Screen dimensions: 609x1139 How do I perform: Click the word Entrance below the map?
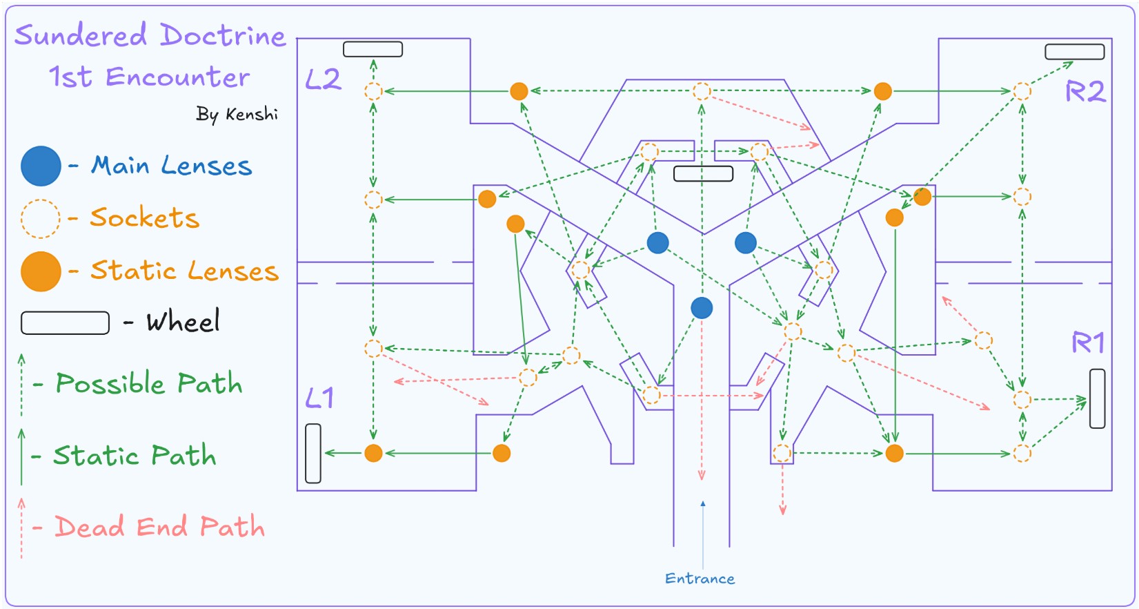(x=700, y=579)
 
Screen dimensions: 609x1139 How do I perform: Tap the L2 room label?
(x=323, y=79)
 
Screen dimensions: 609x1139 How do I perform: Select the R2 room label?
(x=1085, y=91)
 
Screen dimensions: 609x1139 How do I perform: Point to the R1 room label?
(x=1088, y=342)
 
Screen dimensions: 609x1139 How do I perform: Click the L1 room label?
(x=319, y=398)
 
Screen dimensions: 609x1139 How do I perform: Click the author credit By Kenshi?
(x=237, y=114)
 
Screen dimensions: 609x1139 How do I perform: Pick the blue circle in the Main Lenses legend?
(x=41, y=166)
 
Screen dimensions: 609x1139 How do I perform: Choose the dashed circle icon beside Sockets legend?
(x=40, y=218)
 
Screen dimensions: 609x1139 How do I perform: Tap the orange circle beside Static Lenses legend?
(x=41, y=271)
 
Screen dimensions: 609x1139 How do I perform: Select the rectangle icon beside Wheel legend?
(x=65, y=322)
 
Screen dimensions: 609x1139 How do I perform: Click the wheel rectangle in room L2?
(x=373, y=49)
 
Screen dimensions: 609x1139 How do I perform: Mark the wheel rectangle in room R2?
(x=1074, y=52)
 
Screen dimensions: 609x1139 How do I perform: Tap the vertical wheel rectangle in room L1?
(x=313, y=453)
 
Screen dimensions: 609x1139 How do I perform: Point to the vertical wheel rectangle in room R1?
(x=1097, y=398)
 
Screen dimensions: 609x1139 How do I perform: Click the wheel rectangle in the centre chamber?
(x=703, y=173)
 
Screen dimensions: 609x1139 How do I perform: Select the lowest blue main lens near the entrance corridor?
(x=702, y=308)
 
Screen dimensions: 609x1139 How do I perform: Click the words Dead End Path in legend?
(x=159, y=527)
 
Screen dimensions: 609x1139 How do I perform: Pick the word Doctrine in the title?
(x=223, y=35)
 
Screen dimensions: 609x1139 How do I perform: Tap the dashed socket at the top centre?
(x=702, y=91)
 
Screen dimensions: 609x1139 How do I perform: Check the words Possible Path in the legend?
(x=149, y=383)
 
